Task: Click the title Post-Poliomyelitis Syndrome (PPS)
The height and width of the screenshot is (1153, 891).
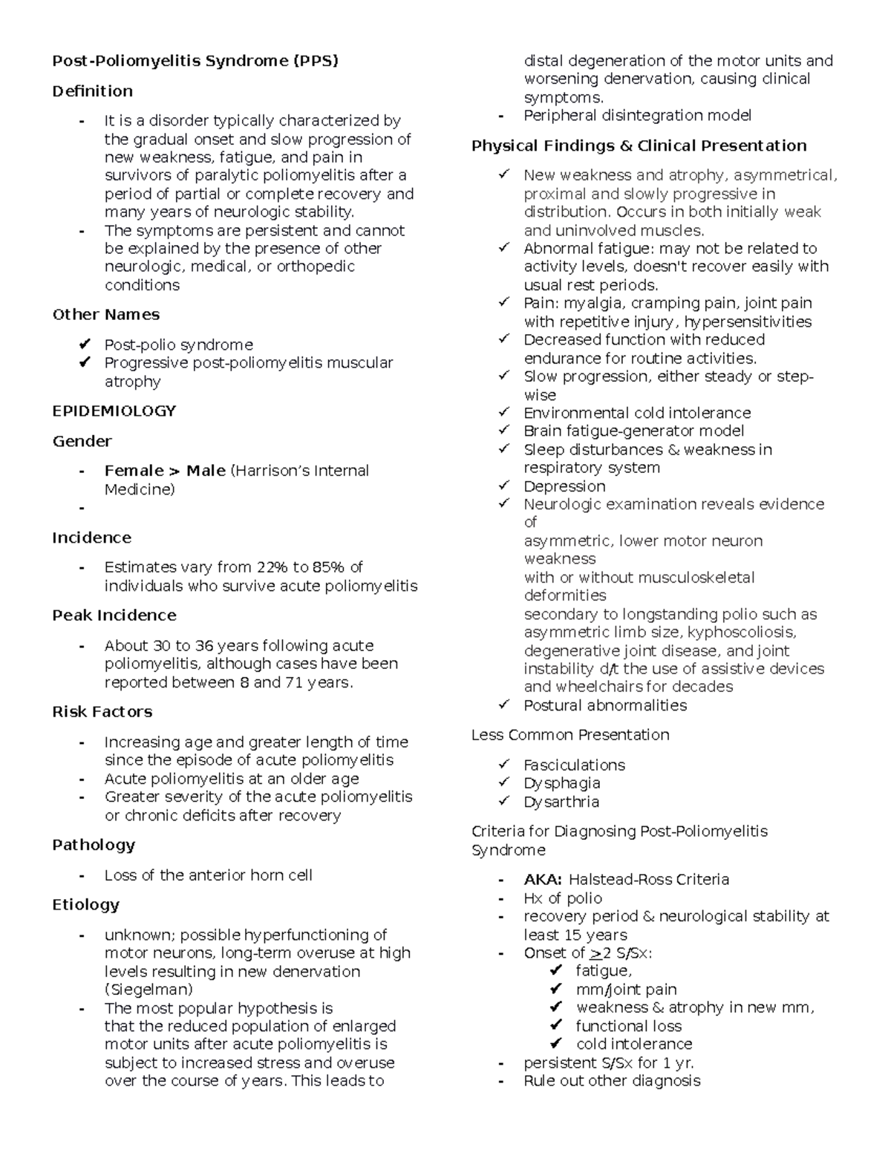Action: coord(195,61)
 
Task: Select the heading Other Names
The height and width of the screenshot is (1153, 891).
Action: coord(105,315)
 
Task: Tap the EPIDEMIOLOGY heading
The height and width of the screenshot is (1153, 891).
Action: coord(114,411)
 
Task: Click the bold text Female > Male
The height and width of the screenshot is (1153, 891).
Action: coord(165,471)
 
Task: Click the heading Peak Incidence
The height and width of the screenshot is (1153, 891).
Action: coord(114,615)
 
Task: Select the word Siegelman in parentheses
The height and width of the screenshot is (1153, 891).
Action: coord(148,990)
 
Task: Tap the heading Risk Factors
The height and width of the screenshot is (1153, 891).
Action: coord(102,712)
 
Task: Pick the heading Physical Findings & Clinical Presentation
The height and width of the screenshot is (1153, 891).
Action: coord(639,146)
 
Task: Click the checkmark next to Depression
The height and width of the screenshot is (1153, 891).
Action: coord(504,486)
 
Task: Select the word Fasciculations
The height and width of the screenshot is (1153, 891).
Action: coord(574,765)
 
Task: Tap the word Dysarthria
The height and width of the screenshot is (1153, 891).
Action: coord(561,802)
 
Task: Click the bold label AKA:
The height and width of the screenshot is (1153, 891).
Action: coord(544,880)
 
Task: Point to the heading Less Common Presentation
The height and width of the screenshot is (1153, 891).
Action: coord(570,735)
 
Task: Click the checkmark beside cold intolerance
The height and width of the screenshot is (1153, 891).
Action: coord(556,1044)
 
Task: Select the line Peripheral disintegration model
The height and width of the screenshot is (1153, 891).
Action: coord(637,116)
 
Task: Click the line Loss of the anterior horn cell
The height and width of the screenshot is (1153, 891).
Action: coord(208,875)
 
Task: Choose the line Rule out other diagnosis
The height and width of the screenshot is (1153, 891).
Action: coord(612,1081)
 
